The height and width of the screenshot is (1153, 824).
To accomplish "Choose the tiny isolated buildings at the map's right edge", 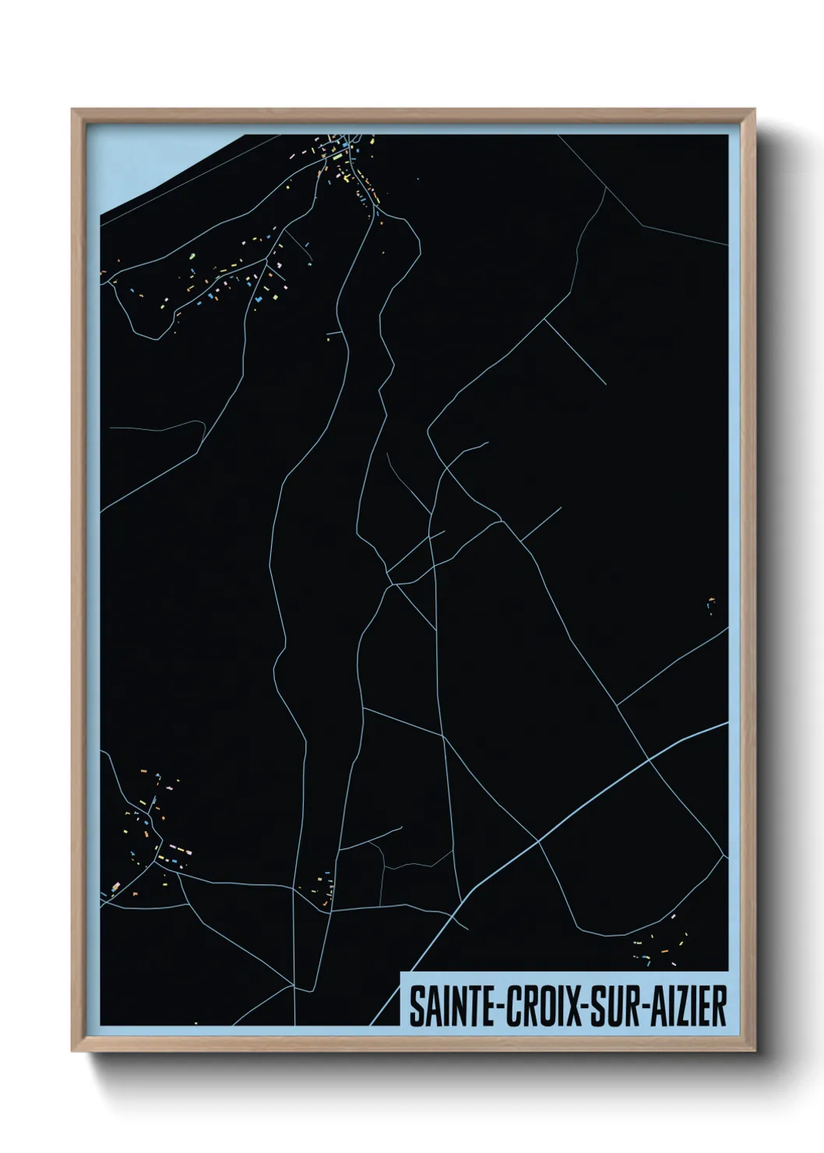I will pyautogui.click(x=711, y=604).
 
